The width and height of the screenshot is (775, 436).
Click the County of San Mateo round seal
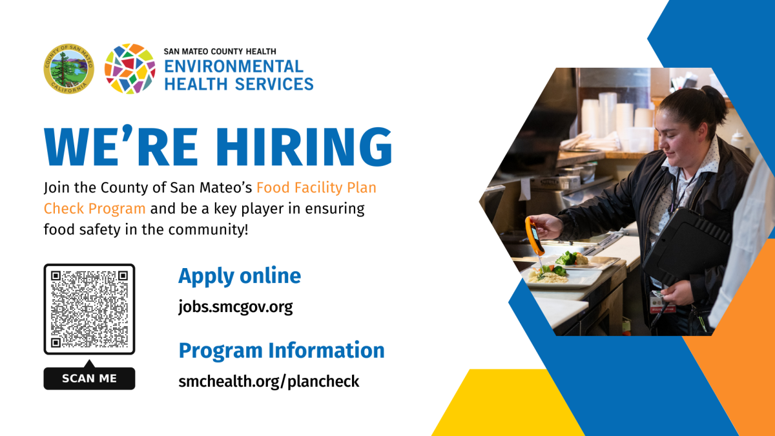pos(69,68)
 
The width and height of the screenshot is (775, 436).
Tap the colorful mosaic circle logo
pos(130,68)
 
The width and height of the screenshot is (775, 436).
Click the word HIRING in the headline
pos(304,147)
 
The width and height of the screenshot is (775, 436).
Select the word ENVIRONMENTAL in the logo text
pos(234,67)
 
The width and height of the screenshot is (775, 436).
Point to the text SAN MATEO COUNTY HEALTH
pos(220,52)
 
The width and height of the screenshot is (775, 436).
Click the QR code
pos(89,309)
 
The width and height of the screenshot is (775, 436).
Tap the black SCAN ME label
pos(89,378)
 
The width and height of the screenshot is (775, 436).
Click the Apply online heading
pos(240,276)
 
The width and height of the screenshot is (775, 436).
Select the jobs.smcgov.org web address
pos(236,307)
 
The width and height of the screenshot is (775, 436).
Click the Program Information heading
pos(282,350)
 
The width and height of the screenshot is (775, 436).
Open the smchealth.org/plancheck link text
pos(269,381)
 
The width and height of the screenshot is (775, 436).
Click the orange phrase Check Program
pos(94,209)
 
